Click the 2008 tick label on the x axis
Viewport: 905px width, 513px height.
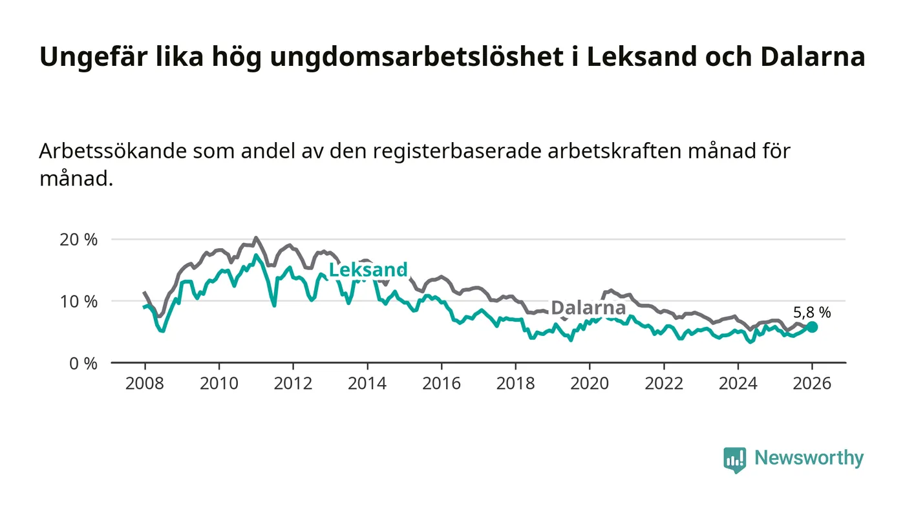coord(144,383)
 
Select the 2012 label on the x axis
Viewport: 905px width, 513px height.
coord(293,383)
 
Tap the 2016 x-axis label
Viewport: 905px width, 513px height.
coord(441,383)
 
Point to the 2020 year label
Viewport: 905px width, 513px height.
coord(590,383)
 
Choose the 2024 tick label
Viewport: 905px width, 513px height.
coord(738,383)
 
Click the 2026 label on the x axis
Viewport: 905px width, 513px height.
coord(812,383)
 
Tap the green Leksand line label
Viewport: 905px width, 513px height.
coord(368,270)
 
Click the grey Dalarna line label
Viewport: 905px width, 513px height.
coord(588,308)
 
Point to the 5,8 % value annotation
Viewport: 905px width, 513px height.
coord(812,313)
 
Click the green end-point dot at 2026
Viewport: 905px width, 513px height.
coord(812,327)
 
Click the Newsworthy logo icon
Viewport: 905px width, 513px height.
coord(734,459)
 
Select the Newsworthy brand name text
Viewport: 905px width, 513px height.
coord(809,458)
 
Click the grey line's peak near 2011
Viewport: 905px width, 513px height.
coord(256,238)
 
